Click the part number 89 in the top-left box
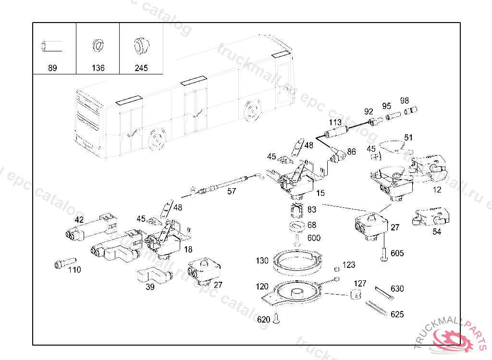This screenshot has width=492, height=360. tap(52, 68)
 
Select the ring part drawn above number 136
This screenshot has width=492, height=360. tap(98, 46)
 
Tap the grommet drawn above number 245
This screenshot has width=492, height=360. tap(141, 46)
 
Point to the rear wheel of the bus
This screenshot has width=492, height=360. tap(253, 110)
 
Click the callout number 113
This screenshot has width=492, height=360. tap(335, 122)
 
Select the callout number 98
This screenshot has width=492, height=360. tap(405, 101)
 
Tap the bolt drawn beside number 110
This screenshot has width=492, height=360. tap(65, 263)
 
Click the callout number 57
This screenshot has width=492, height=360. tap(232, 192)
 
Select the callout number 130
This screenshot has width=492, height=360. tap(262, 260)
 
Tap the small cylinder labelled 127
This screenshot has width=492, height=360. tap(356, 294)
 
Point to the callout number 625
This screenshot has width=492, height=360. tap(397, 314)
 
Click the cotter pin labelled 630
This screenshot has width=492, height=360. tap(384, 293)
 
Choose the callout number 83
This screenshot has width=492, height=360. tap(311, 209)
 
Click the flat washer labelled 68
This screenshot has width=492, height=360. tap(297, 227)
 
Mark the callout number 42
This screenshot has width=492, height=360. tap(79, 219)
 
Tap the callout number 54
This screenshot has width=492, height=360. tap(437, 232)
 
